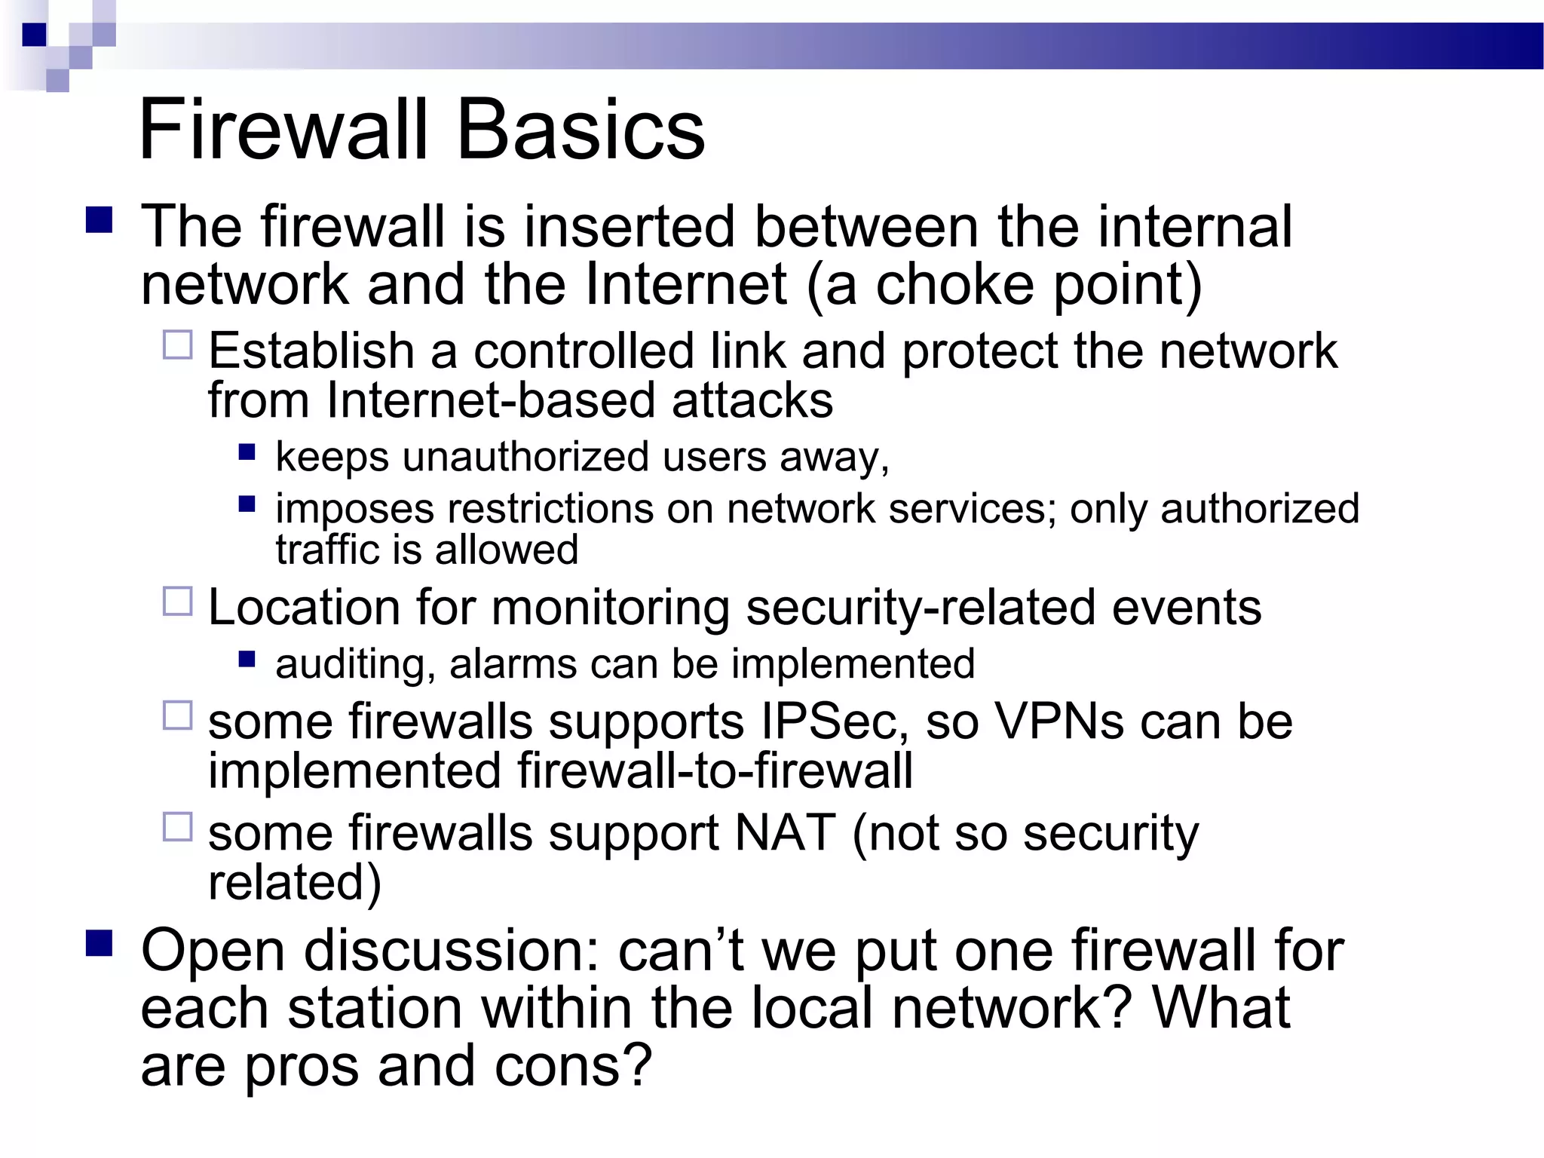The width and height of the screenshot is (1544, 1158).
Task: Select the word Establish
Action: coord(311,351)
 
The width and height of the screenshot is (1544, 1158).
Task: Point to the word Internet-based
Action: coord(491,400)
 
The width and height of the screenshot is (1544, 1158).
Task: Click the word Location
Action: coord(304,607)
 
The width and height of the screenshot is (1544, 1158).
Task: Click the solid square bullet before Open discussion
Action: coord(100,943)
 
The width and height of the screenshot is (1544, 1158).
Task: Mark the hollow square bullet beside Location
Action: coord(178,602)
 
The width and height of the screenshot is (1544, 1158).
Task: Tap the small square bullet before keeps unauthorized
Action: coord(247,452)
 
